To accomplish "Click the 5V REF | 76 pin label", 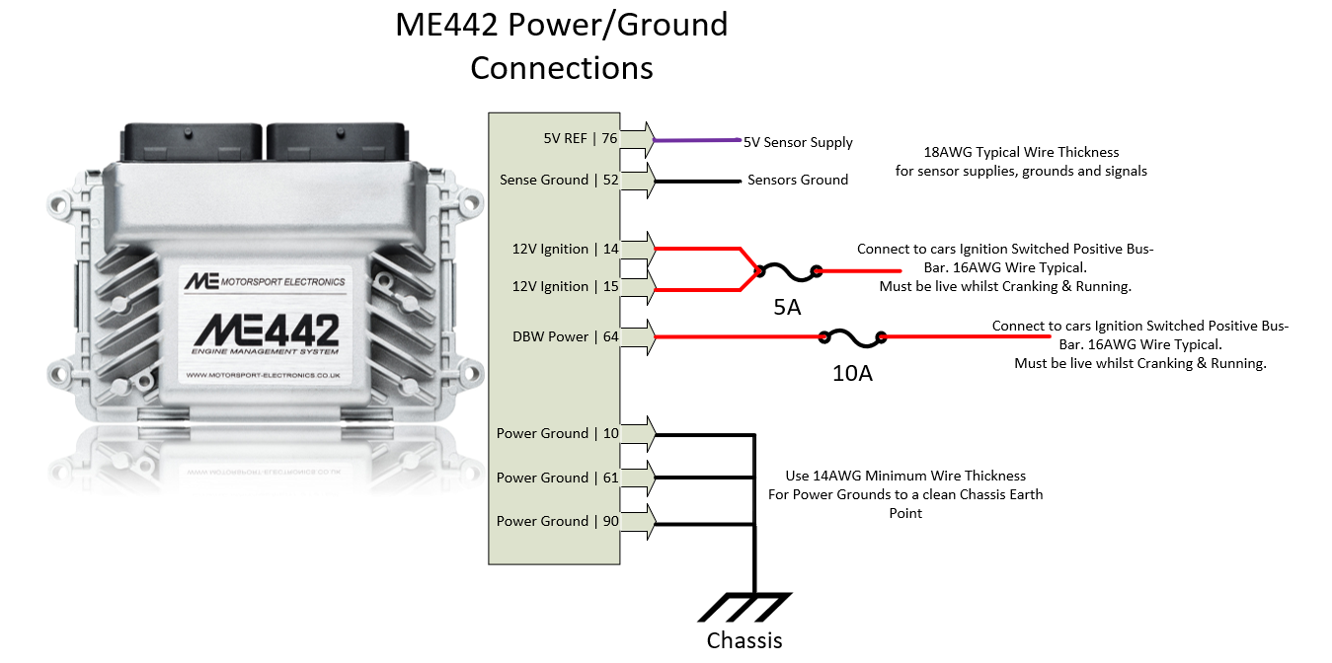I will pyautogui.click(x=581, y=139).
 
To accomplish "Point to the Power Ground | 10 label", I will pyautogui.click(x=557, y=433).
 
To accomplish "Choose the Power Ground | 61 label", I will pyautogui.click(x=557, y=478).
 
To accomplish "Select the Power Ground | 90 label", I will pyautogui.click(x=557, y=521).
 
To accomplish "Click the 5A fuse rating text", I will pyautogui.click(x=787, y=307).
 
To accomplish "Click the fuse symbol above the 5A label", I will pyautogui.click(x=787, y=270).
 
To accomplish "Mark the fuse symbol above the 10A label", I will pyautogui.click(x=852, y=337).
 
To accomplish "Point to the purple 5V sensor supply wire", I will pyautogui.click(x=696, y=140).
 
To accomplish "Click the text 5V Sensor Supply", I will pyautogui.click(x=798, y=142).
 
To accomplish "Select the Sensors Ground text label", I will pyautogui.click(x=798, y=180).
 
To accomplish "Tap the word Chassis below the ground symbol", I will pyautogui.click(x=744, y=641).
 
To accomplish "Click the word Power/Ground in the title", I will pyautogui.click(x=617, y=25).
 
